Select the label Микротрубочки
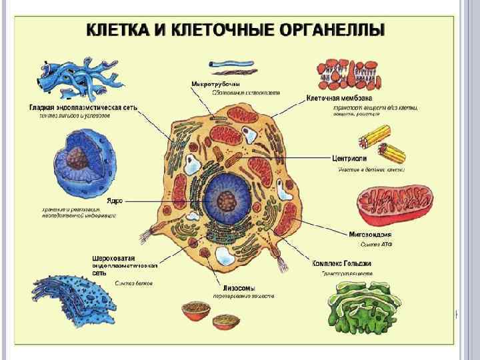click(215, 84)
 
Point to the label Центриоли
click(351, 159)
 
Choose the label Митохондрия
click(370, 234)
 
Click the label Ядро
click(115, 200)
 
